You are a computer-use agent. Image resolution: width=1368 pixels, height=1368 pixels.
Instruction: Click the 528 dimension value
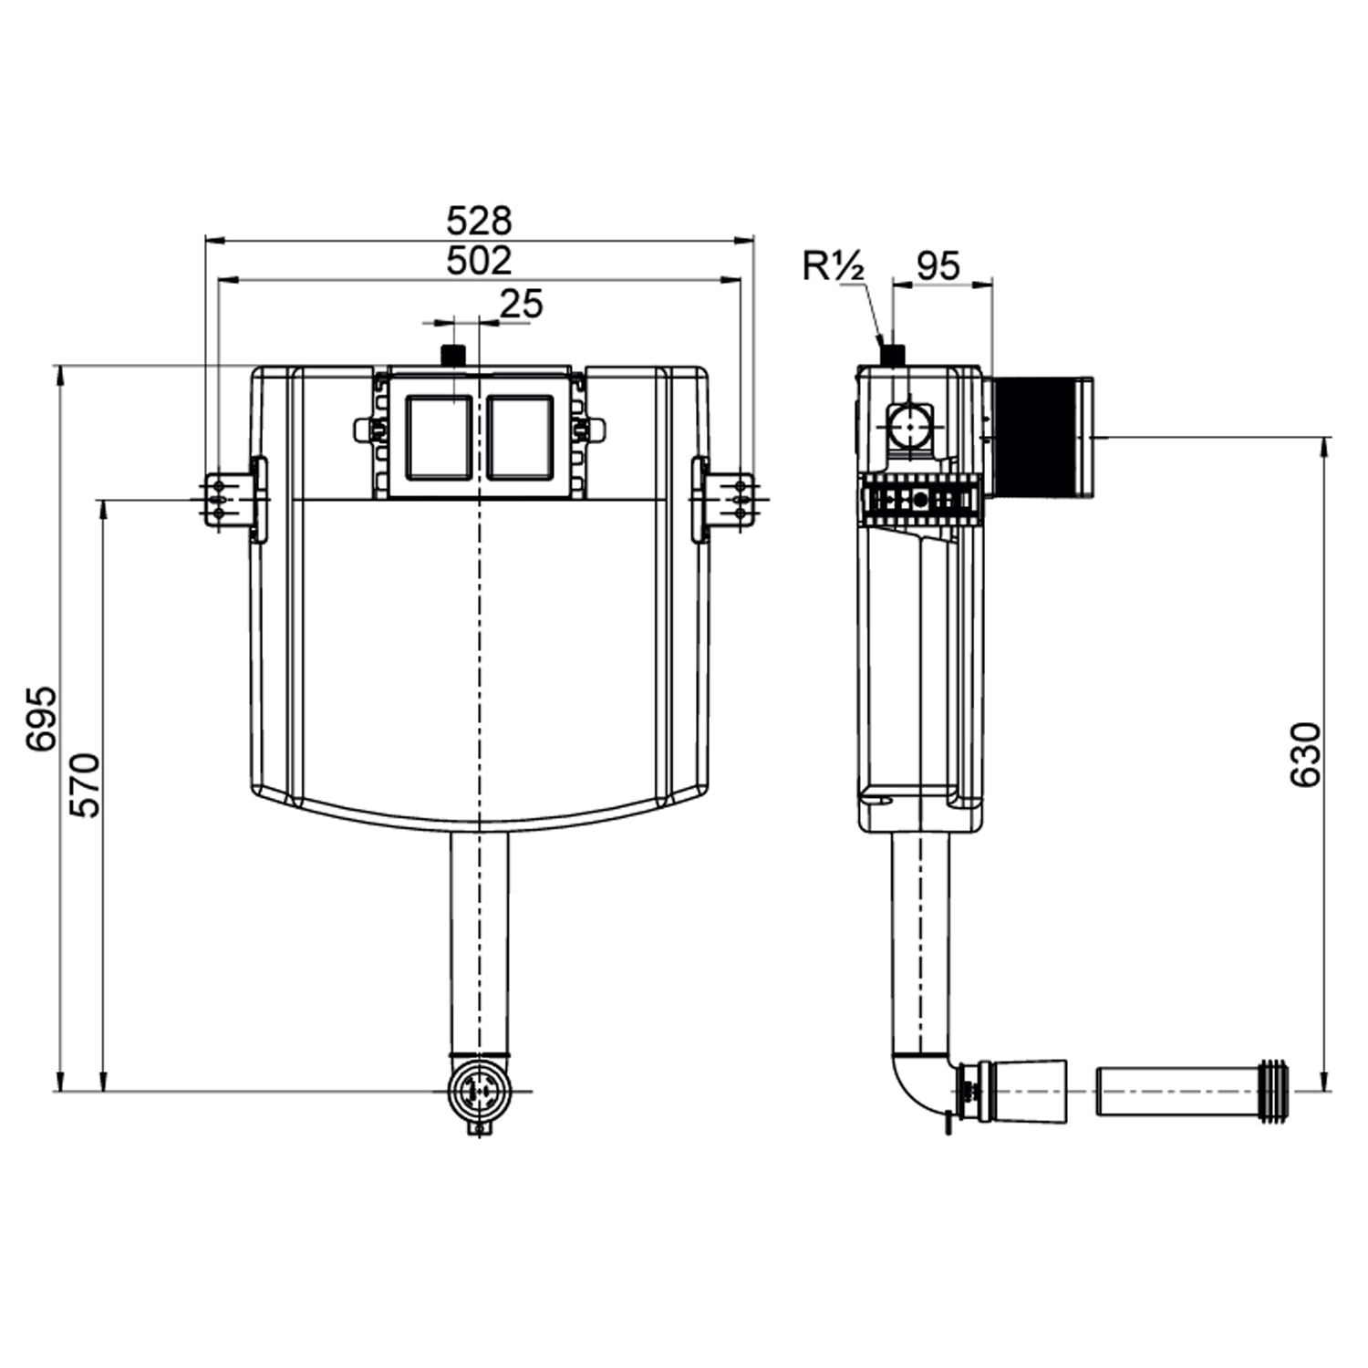click(x=479, y=221)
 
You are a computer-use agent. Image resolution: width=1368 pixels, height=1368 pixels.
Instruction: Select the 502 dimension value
click(x=479, y=261)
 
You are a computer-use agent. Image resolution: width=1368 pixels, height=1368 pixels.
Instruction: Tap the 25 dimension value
click(x=522, y=304)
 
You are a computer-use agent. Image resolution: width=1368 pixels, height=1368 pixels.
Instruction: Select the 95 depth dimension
click(x=938, y=266)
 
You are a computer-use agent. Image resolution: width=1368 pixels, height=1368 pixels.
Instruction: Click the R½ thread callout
click(x=833, y=266)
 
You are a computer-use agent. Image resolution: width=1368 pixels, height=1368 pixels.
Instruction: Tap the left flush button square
click(x=440, y=437)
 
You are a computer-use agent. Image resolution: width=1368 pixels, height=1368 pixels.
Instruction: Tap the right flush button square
click(x=520, y=437)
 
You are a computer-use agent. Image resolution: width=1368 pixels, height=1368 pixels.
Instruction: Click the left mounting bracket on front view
click(x=223, y=500)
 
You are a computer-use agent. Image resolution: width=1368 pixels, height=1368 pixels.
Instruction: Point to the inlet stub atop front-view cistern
click(x=452, y=354)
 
